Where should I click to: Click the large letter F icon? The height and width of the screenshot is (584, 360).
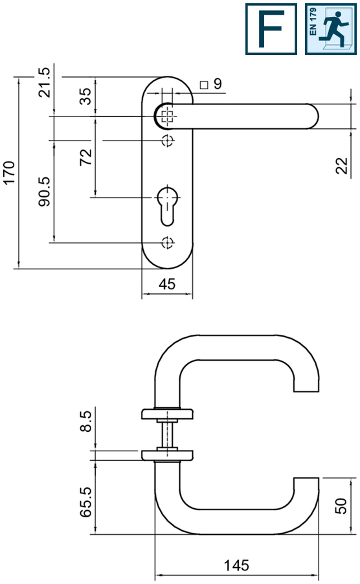pyautogui.click(x=271, y=29)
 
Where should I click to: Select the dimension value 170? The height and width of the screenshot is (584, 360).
pyautogui.click(x=10, y=173)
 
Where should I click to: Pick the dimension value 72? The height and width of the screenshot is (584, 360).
pyautogui.click(x=85, y=157)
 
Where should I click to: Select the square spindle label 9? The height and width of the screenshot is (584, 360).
pyautogui.click(x=212, y=84)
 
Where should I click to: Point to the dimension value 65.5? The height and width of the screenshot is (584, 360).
pyautogui.click(x=85, y=502)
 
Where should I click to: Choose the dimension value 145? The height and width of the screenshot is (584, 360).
pyautogui.click(x=237, y=565)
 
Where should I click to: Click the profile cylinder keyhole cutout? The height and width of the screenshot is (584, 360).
pyautogui.click(x=168, y=205)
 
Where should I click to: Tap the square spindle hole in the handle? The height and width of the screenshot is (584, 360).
pyautogui.click(x=168, y=117)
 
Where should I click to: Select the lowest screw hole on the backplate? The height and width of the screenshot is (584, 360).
pyautogui.click(x=168, y=243)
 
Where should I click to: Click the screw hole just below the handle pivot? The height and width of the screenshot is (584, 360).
pyautogui.click(x=168, y=140)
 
